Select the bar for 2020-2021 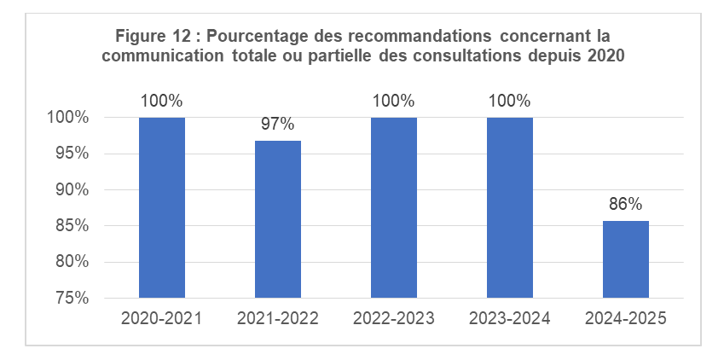click(162, 207)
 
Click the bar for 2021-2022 click(278, 219)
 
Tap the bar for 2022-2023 click(394, 207)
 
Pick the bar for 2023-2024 click(510, 207)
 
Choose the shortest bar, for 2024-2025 click(626, 259)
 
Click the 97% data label click(278, 125)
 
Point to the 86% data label click(626, 204)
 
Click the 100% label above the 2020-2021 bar click(162, 101)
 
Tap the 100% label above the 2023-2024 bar click(510, 101)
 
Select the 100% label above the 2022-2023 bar click(394, 101)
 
